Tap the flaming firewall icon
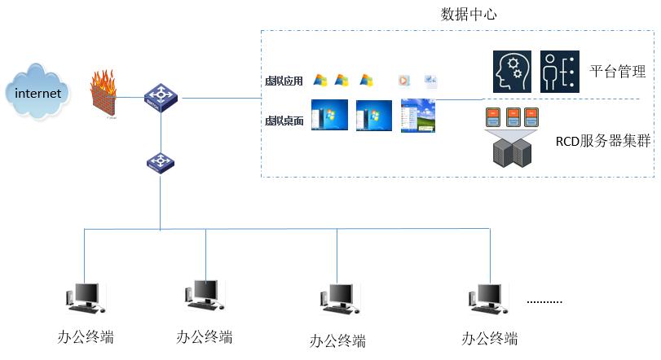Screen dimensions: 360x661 (x=104, y=94)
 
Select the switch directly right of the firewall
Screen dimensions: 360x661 (x=160, y=98)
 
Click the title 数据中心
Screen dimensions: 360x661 (x=469, y=14)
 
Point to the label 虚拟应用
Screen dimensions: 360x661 (x=284, y=81)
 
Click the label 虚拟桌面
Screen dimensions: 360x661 (x=284, y=121)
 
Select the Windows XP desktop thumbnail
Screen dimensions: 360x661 (x=418, y=116)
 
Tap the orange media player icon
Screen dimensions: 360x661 (x=403, y=80)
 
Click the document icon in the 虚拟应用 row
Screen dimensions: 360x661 (x=431, y=80)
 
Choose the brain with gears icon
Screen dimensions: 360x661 (x=513, y=71)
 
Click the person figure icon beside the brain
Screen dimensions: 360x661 (x=559, y=71)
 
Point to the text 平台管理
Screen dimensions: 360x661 (x=618, y=72)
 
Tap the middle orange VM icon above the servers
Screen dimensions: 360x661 (x=513, y=116)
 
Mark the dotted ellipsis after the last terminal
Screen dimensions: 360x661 (x=544, y=301)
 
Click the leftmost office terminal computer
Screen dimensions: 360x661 (x=84, y=298)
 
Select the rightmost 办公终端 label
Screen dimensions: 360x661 (x=489, y=339)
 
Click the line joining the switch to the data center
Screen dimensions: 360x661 (x=220, y=98)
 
